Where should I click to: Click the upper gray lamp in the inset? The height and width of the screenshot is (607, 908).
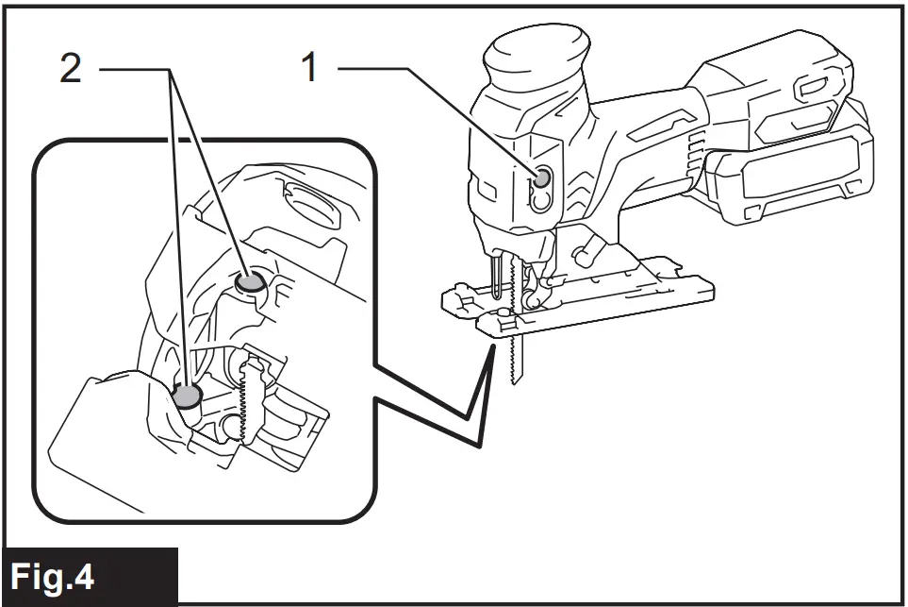pos(250,280)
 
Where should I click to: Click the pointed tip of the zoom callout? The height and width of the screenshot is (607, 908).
pos(493,347)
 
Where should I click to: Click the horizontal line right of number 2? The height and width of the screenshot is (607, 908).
pos(132,70)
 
